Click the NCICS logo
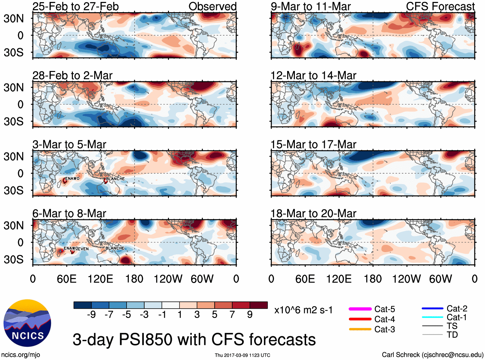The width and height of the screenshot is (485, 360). click(x=27, y=323)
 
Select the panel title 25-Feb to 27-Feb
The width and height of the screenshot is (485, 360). click(x=75, y=6)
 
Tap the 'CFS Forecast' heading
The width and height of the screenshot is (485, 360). click(x=440, y=6)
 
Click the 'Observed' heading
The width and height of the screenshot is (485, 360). click(x=212, y=6)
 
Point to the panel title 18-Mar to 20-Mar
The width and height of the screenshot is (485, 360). click(x=313, y=214)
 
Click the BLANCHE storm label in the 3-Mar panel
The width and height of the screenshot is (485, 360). click(x=115, y=179)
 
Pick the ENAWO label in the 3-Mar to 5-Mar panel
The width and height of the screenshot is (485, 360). click(x=72, y=179)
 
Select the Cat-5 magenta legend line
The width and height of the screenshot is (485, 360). click(x=360, y=309)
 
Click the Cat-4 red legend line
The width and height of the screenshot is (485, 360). click(x=360, y=319)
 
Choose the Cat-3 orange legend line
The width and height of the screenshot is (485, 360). click(x=360, y=329)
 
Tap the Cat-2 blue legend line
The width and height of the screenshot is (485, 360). click(x=432, y=309)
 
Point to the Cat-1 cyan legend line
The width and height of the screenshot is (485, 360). click(x=432, y=317)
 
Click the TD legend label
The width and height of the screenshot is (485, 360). click(x=452, y=335)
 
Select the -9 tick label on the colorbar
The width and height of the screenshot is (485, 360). click(x=92, y=314)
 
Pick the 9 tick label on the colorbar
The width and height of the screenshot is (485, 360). click(x=250, y=314)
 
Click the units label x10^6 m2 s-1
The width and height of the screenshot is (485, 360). click(x=303, y=310)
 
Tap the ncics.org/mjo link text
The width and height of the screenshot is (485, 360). click(x=21, y=355)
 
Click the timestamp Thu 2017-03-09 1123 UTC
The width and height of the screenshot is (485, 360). click(x=242, y=355)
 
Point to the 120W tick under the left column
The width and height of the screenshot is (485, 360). click(x=168, y=279)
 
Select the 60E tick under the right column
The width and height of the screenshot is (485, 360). click(x=305, y=279)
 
